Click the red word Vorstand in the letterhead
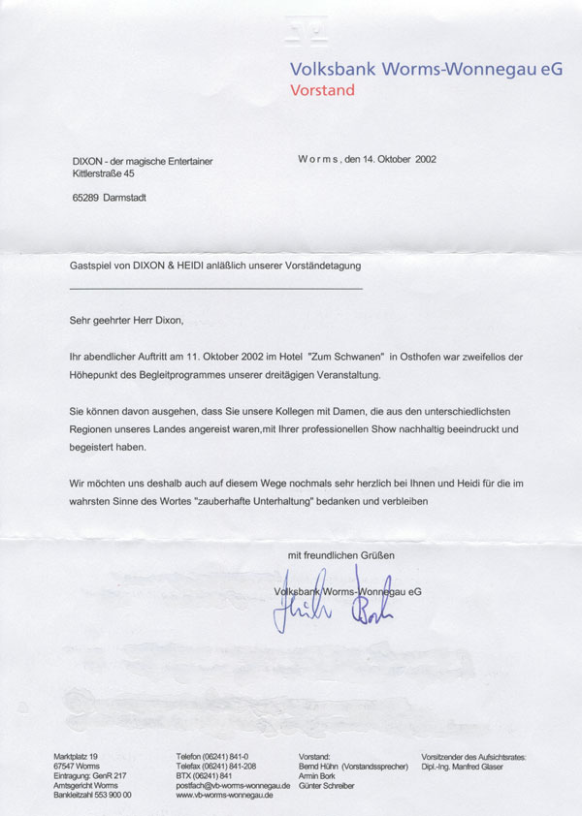tap(323, 90)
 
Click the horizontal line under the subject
tap(216, 289)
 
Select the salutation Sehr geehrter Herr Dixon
tap(126, 319)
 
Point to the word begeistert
tap(96, 448)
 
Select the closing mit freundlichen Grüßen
tap(341, 554)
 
